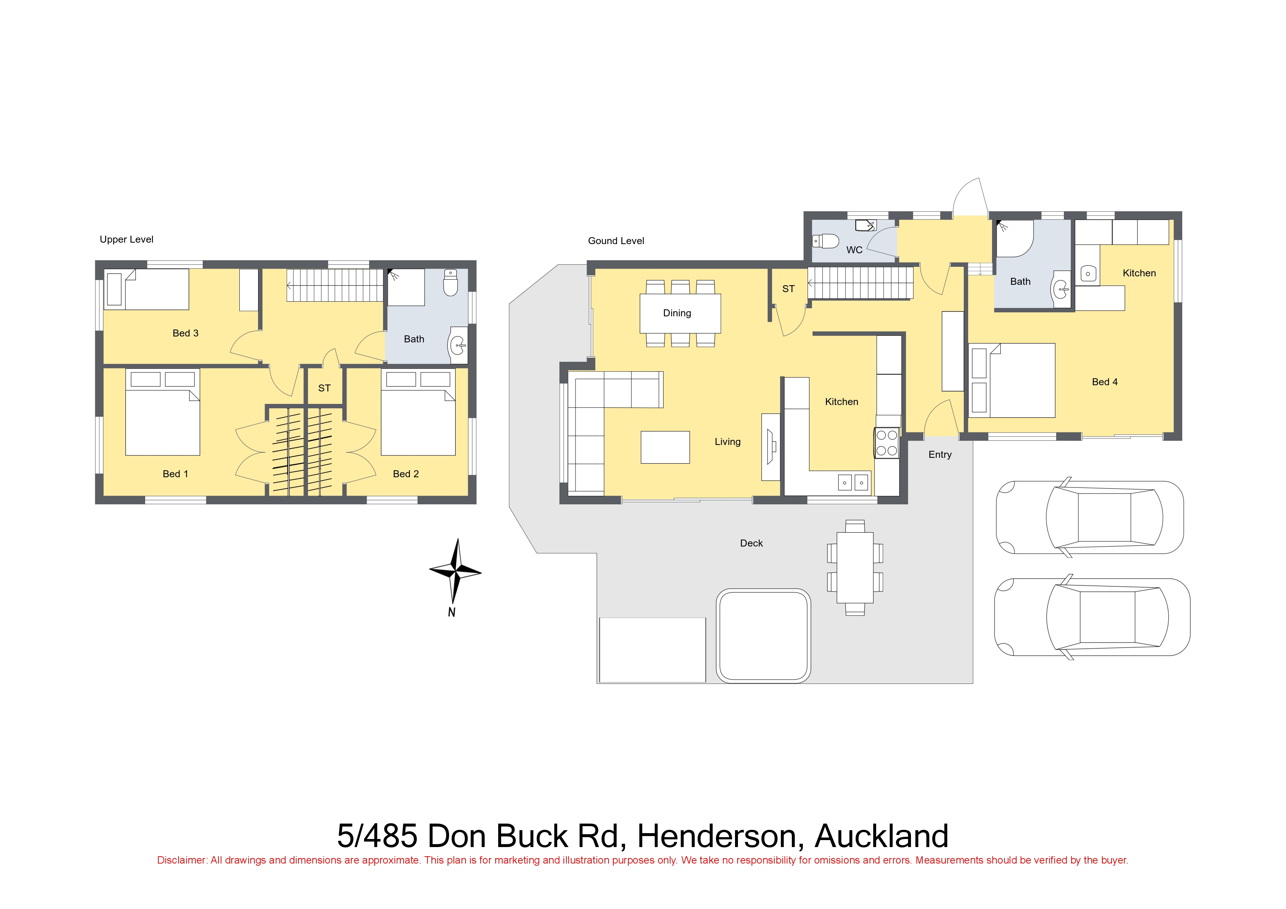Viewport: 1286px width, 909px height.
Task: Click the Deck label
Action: tap(751, 543)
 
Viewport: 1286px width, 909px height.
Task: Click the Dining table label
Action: tap(677, 313)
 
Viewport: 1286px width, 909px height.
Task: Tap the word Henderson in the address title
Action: tap(717, 836)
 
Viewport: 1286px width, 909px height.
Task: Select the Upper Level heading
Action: tap(126, 240)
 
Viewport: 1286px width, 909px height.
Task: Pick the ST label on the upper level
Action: tap(324, 388)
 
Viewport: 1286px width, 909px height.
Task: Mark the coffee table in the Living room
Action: tap(665, 447)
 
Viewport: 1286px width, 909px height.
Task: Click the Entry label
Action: tap(940, 455)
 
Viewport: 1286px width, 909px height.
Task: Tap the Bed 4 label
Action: tap(1105, 382)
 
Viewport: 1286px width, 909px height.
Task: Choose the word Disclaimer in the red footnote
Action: tap(181, 860)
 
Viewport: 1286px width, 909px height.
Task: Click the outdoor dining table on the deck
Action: tap(855, 567)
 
